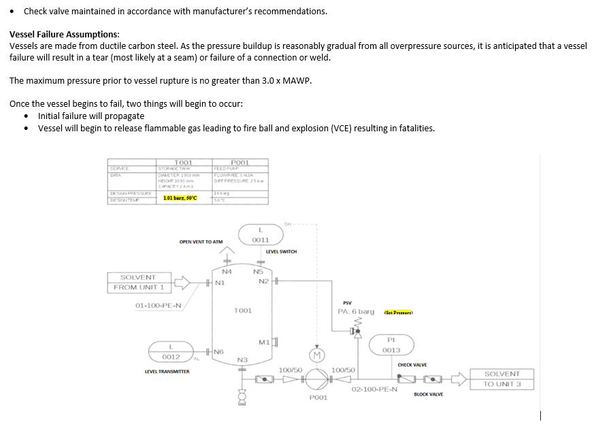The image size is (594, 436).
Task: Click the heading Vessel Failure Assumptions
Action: click(x=65, y=34)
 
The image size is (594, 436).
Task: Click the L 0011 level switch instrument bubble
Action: click(x=260, y=234)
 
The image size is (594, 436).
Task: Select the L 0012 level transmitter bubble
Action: click(x=171, y=352)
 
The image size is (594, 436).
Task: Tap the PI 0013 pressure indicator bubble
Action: click(x=391, y=345)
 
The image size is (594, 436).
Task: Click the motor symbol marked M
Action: click(x=316, y=354)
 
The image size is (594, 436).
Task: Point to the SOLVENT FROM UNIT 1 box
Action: click(x=137, y=282)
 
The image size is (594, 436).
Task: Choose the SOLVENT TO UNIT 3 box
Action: click(x=501, y=379)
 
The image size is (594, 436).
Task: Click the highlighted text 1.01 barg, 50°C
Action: click(x=180, y=198)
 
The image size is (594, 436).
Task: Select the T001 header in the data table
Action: click(x=184, y=163)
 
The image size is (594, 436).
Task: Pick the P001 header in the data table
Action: click(x=240, y=163)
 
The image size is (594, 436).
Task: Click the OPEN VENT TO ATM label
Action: click(x=201, y=241)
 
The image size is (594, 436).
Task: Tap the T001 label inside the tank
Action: click(x=243, y=310)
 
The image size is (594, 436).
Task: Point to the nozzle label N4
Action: click(x=227, y=271)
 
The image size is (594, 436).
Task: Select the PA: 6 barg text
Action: click(x=356, y=312)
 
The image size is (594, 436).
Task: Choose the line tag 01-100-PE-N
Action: click(x=158, y=305)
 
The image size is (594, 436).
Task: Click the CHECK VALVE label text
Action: click(x=412, y=365)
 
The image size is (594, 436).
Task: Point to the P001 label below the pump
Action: click(x=318, y=397)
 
